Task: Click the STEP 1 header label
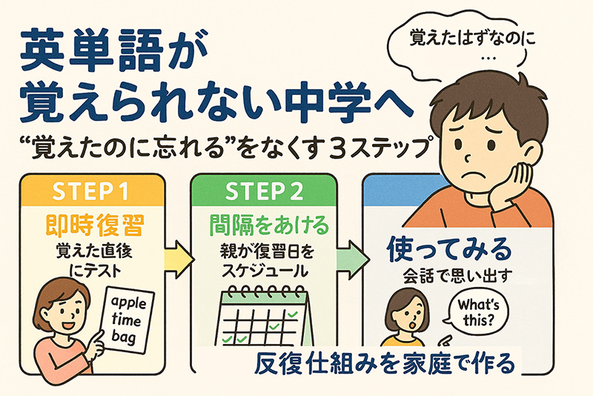(90, 191)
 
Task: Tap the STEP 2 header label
(264, 191)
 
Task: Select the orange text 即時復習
(94, 225)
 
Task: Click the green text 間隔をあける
(269, 225)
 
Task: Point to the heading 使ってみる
(449, 250)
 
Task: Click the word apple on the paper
(129, 303)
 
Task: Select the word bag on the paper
(123, 336)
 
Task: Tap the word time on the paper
(126, 320)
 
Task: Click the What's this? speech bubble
(476, 312)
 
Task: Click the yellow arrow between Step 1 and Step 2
(179, 260)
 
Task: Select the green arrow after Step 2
(351, 260)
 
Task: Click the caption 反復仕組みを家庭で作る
(385, 363)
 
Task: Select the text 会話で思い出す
(457, 276)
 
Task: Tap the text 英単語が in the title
(114, 52)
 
